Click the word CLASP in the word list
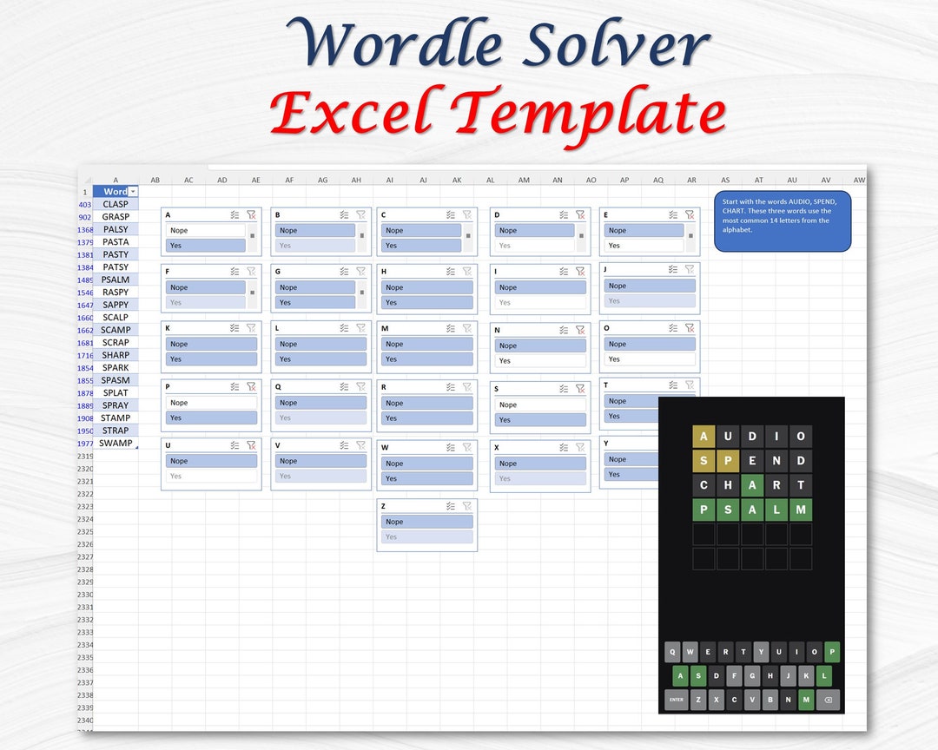tap(116, 204)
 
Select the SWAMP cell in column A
tap(116, 444)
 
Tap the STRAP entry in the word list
tap(116, 431)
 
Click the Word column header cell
tap(115, 191)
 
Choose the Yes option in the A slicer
tap(205, 246)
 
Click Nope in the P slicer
tap(211, 403)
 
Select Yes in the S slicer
tap(540, 420)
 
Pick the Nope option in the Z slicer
tap(426, 522)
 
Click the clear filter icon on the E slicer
tap(689, 214)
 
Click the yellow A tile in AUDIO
tap(703, 437)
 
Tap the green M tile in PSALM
tap(801, 510)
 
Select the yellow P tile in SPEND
tap(728, 461)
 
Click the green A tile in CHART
tap(752, 485)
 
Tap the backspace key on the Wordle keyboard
tap(828, 700)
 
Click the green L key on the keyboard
tap(823, 676)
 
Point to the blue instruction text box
tap(783, 221)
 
